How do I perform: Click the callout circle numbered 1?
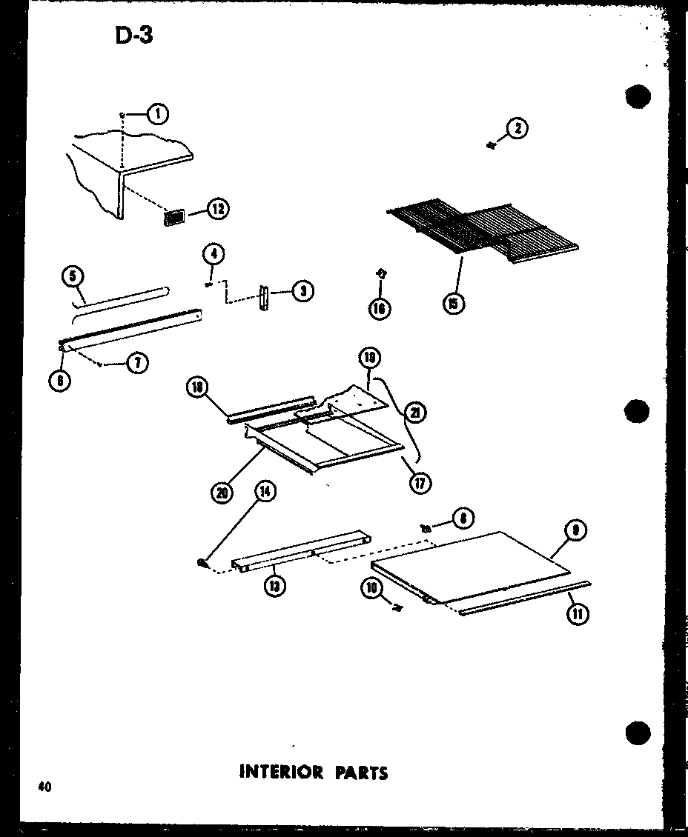(x=157, y=113)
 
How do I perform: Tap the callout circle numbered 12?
(x=217, y=209)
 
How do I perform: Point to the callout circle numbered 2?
(x=517, y=129)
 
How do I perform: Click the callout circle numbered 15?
(x=454, y=303)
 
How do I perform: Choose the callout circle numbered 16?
(x=380, y=308)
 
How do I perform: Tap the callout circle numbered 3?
(x=302, y=291)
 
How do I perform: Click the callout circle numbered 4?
(x=213, y=255)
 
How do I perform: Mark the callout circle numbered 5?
(x=72, y=278)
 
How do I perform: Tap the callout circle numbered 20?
(x=221, y=493)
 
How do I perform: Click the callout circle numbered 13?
(x=276, y=587)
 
